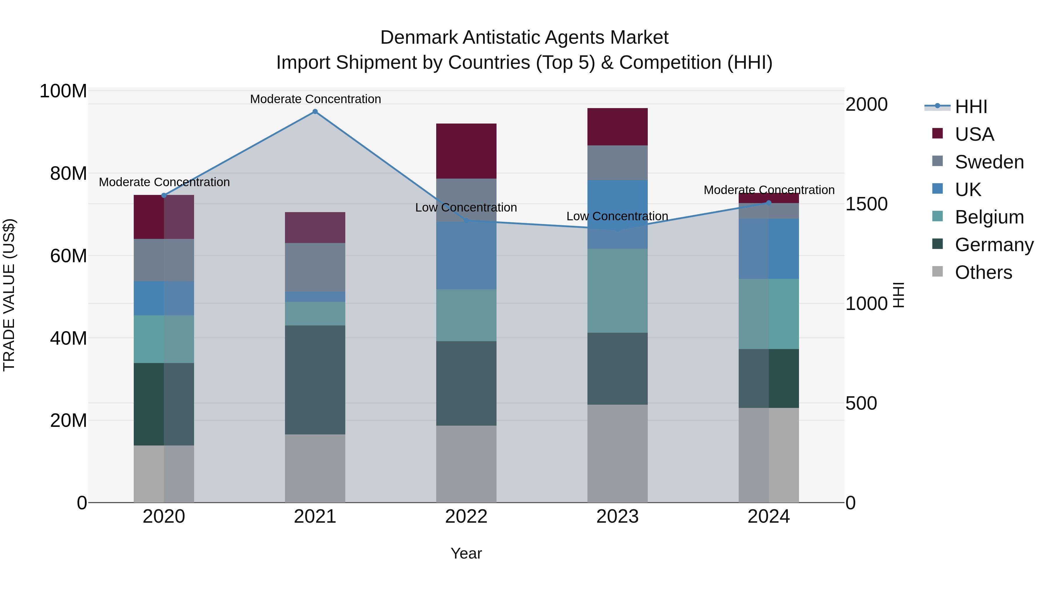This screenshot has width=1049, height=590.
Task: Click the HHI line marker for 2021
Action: pos(315,112)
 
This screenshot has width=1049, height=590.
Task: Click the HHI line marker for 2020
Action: pos(164,196)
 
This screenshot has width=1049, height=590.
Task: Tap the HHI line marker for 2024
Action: pos(768,203)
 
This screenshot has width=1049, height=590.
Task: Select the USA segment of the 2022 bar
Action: pos(466,151)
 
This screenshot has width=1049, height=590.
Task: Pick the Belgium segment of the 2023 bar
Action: pos(617,291)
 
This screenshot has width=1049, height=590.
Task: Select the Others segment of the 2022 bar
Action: pos(466,464)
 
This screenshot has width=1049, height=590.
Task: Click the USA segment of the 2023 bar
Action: pos(617,127)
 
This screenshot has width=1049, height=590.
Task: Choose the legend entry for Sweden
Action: pos(989,162)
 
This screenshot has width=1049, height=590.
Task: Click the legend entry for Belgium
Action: pos(989,217)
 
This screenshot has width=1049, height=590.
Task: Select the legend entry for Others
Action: pos(983,272)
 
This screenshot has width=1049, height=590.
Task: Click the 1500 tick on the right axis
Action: pos(866,204)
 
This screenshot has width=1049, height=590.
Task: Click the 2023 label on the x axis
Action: pos(617,517)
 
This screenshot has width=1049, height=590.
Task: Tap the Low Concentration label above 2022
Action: pos(466,208)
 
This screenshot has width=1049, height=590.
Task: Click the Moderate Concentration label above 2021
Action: pos(315,99)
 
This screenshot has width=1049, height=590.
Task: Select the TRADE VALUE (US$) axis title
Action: pos(9,295)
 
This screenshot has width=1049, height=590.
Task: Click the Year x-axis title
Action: pos(466,553)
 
